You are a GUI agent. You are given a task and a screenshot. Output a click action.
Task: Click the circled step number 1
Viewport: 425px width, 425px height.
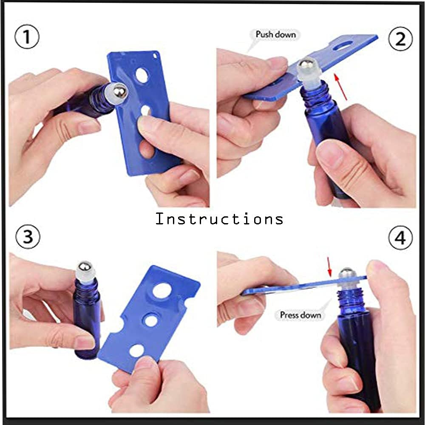click(x=26, y=37)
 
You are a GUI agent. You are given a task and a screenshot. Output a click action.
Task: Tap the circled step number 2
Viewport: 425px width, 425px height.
click(x=400, y=39)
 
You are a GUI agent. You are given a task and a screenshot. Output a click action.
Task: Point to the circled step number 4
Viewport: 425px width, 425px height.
click(x=400, y=237)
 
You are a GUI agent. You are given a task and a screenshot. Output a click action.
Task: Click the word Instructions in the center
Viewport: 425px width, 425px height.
click(x=219, y=218)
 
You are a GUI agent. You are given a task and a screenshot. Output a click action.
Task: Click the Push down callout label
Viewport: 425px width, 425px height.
click(x=275, y=35)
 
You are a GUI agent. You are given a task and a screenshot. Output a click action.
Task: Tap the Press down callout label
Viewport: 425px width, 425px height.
click(x=300, y=315)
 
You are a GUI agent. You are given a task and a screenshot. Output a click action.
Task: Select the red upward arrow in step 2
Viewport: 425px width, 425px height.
click(x=340, y=87)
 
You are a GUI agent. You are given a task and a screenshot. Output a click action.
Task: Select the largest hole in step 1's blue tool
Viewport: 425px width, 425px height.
click(x=142, y=75)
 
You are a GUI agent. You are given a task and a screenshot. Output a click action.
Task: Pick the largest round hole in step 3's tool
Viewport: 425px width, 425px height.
click(x=162, y=291)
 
